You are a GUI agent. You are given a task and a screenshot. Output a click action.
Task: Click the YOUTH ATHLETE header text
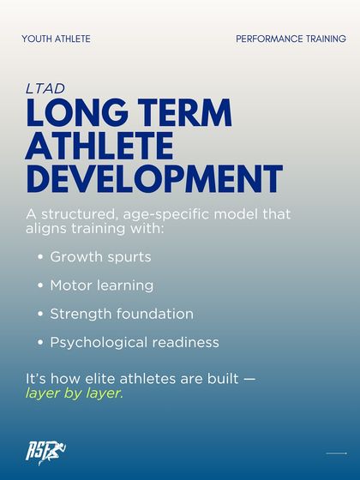point(56,39)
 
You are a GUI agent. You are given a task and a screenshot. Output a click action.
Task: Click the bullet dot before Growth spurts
point(41,257)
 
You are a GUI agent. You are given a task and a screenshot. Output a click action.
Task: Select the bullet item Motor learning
point(102,285)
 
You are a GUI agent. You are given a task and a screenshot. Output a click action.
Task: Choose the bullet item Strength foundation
point(122,314)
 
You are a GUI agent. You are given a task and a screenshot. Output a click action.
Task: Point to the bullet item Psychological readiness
point(135,342)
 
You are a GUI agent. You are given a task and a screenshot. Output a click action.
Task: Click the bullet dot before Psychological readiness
point(41,342)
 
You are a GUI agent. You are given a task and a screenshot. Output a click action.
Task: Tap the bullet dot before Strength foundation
point(41,314)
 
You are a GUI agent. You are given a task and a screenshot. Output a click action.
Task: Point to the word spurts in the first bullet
point(129,257)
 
